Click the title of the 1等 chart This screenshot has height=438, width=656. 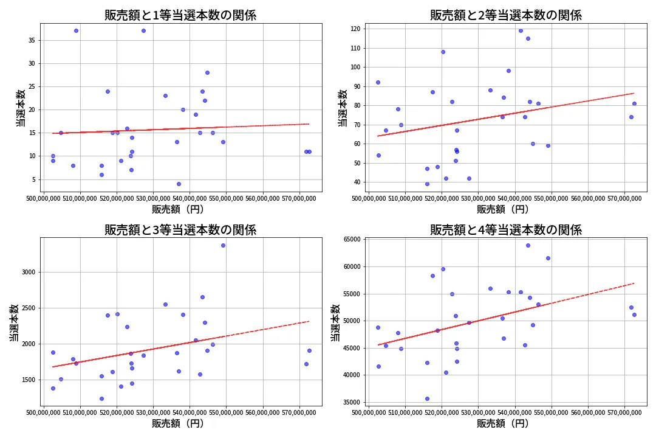(180, 15)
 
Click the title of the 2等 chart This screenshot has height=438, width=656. (506, 15)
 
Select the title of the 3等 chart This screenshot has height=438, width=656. (180, 230)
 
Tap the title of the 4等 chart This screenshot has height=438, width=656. (506, 230)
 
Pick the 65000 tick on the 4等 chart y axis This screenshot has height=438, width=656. (352, 240)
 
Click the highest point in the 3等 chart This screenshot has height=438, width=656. (223, 245)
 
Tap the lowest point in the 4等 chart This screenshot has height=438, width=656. (427, 398)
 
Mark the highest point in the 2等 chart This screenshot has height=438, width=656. (521, 30)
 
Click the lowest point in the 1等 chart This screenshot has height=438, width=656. (179, 184)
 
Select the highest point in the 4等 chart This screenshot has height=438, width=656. (528, 245)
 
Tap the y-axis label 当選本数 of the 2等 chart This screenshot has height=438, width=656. (343, 108)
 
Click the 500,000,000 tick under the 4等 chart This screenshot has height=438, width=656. (369, 414)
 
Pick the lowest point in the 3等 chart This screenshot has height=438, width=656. (101, 398)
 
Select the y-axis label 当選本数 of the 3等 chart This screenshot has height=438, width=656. (14, 322)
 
